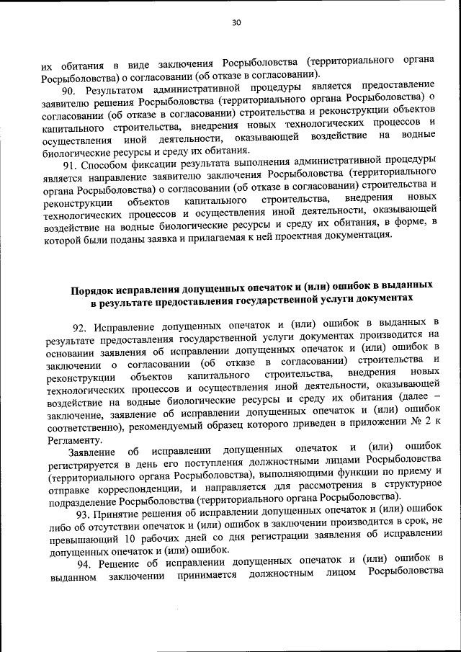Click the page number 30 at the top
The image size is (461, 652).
236,22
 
